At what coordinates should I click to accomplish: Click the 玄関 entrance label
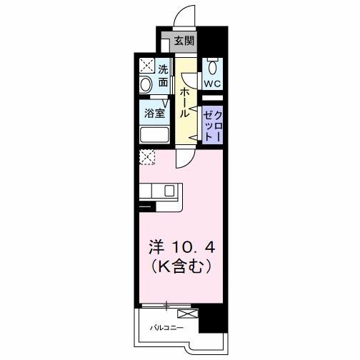[x=184, y=41]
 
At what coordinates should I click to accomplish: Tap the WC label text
[x=212, y=84]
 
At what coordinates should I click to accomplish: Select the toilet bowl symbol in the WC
[x=212, y=68]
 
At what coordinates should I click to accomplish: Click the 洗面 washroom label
[x=163, y=76]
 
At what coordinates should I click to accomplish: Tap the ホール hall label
[x=184, y=102]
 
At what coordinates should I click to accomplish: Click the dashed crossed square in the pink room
[x=148, y=157]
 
